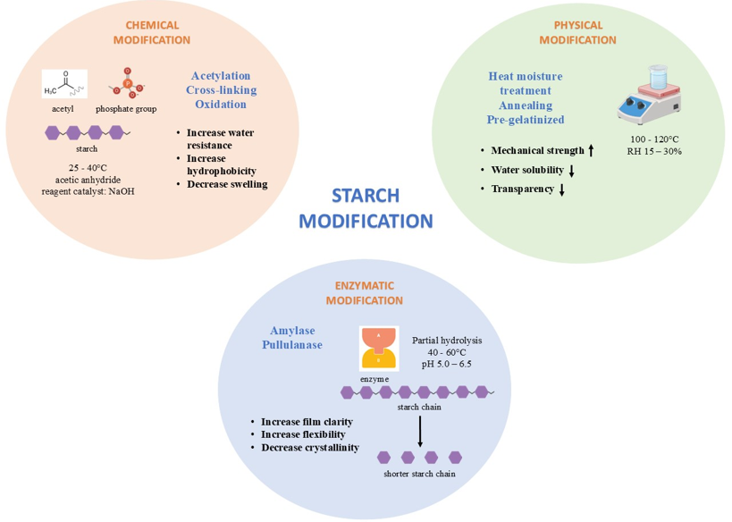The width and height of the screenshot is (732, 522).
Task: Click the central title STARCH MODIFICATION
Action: tap(366, 208)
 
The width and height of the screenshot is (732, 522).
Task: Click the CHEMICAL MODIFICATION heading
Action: tap(151, 32)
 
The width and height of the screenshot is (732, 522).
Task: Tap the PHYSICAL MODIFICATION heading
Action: tap(577, 32)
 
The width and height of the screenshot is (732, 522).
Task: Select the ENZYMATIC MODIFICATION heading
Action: tap(364, 293)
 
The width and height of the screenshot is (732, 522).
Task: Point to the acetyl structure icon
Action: tap(64, 83)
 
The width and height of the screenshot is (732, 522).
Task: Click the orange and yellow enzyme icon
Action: tap(378, 348)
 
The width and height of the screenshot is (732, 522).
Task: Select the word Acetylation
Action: tap(221, 76)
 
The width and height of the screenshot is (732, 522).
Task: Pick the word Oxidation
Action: tap(221, 105)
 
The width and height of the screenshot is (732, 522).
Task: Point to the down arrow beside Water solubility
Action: tap(571, 170)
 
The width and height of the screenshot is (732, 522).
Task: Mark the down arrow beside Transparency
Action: tap(562, 189)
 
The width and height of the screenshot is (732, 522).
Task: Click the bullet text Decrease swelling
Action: tap(227, 184)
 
